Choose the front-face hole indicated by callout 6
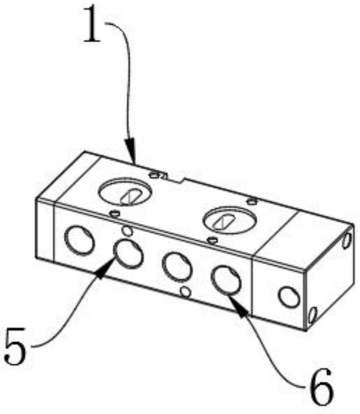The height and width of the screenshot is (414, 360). pyautogui.click(x=227, y=280)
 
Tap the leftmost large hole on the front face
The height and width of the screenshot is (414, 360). pyautogui.click(x=79, y=240)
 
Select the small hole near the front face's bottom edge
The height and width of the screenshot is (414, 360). pyautogui.click(x=186, y=292)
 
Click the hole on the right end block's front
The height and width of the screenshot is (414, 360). pyautogui.click(x=289, y=297)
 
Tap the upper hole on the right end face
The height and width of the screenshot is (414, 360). pyautogui.click(x=347, y=240)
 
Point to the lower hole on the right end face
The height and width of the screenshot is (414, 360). pyautogui.click(x=312, y=315)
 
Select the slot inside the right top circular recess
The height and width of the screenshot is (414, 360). pyautogui.click(x=223, y=221)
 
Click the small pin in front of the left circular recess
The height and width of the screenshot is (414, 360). pyautogui.click(x=115, y=213)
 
